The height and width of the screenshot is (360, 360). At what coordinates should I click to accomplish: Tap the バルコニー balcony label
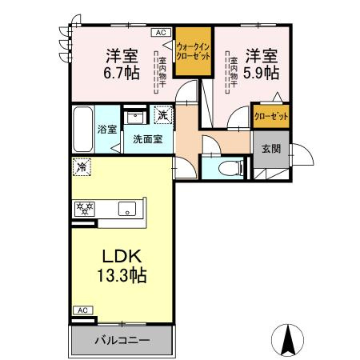click(122, 340)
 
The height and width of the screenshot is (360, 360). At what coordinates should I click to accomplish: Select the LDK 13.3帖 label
click(122, 266)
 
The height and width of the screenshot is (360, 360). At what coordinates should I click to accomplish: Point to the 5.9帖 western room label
click(262, 64)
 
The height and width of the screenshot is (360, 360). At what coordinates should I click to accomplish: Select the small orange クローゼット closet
click(271, 116)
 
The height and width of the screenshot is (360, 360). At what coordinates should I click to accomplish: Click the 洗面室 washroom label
click(146, 137)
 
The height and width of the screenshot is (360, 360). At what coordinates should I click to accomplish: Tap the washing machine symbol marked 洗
click(162, 115)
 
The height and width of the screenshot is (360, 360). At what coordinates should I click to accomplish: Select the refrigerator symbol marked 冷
click(82, 167)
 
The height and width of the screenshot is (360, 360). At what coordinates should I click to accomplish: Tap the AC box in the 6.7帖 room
click(159, 32)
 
